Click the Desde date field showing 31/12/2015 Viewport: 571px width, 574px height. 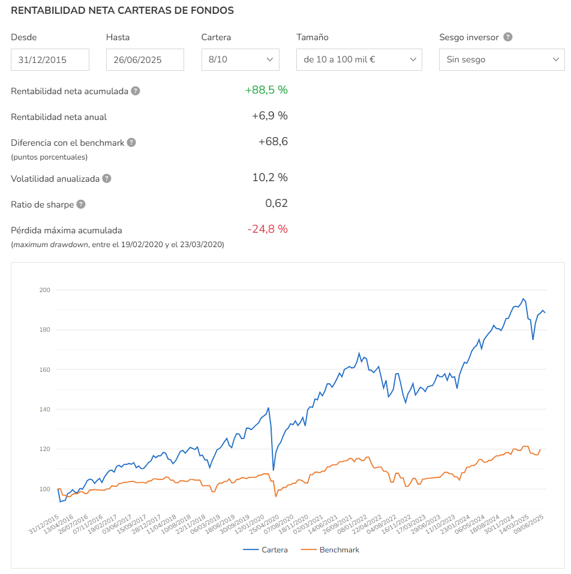point(50,59)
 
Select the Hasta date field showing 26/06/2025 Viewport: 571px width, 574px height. point(145,59)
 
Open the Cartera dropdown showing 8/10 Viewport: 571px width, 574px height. point(240,59)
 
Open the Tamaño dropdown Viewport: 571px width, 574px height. point(359,59)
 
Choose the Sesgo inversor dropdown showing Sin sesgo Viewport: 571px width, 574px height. point(502,59)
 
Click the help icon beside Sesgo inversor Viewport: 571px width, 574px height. point(507,37)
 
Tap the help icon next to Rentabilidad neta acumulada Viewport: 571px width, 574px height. point(136,91)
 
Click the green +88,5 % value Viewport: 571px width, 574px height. point(266,90)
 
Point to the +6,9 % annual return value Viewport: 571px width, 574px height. point(270,116)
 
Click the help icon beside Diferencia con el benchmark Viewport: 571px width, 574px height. point(131,142)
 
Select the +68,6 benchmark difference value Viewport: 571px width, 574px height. point(273,142)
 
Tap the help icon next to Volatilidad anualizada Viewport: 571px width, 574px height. point(107,178)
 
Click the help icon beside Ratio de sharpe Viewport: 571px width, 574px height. point(81,205)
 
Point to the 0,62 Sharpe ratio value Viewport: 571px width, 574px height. point(277,203)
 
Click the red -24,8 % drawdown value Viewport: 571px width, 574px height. point(268,229)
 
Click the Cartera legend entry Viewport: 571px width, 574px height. point(265,550)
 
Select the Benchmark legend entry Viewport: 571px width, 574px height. point(330,550)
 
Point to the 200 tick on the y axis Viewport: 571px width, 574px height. point(44,290)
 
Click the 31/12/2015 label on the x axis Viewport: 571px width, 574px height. point(44,524)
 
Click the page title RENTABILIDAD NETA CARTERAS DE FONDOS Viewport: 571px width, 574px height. point(122,10)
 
